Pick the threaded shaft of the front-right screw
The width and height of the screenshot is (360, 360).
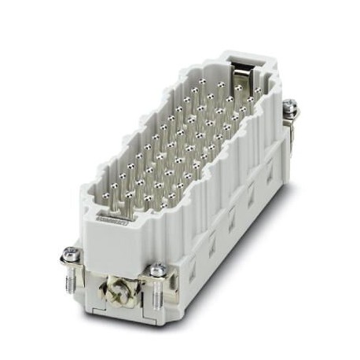[x=160, y=293]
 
